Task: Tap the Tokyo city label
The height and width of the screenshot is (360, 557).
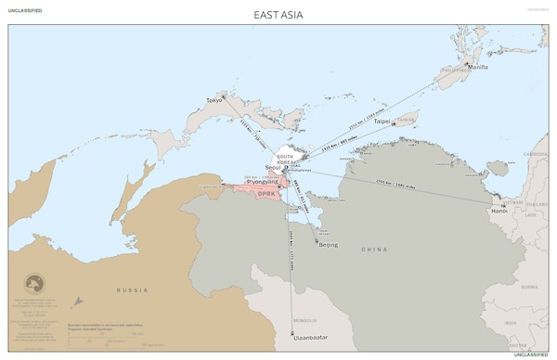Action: [214, 99]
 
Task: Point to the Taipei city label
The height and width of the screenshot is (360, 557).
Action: [382, 122]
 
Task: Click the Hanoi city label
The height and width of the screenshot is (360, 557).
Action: [499, 211]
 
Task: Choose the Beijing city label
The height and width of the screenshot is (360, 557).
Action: [328, 245]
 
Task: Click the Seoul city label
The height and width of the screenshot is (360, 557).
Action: [275, 167]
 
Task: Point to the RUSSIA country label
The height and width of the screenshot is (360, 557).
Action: [131, 290]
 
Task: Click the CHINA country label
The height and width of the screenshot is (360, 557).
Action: [374, 251]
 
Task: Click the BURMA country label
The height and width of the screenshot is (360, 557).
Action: [528, 287]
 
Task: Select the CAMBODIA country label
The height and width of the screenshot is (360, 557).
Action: [536, 152]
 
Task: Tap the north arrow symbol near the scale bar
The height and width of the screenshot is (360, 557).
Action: [78, 302]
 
